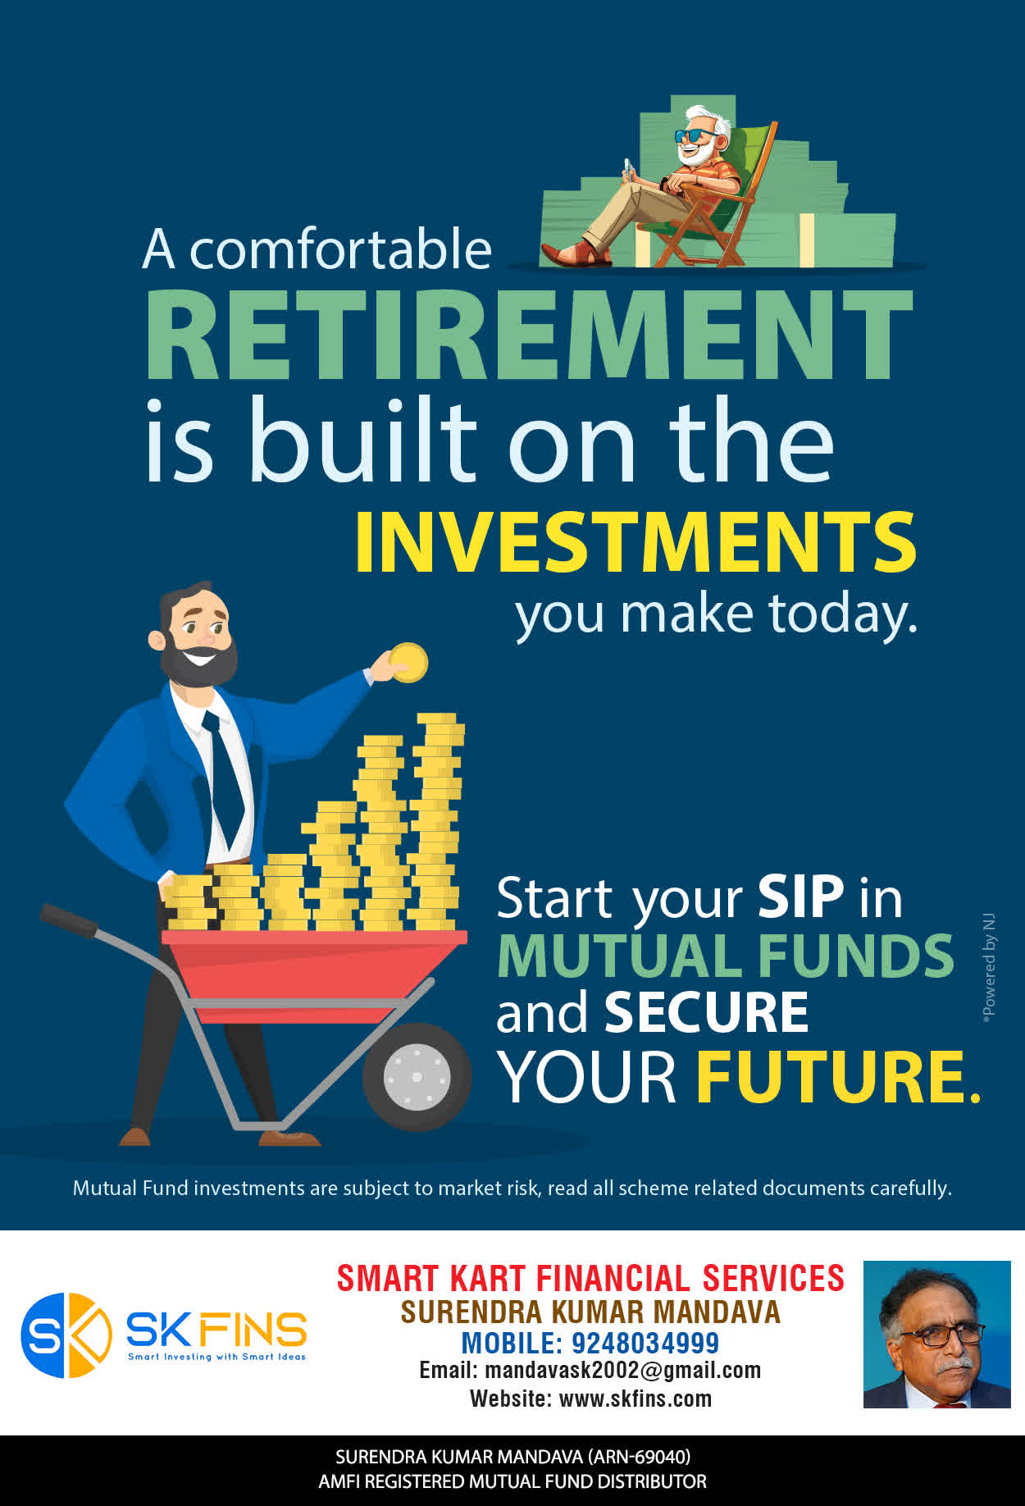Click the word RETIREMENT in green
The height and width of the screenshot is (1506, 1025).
pyautogui.click(x=530, y=335)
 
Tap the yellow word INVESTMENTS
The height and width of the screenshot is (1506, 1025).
pyautogui.click(x=635, y=542)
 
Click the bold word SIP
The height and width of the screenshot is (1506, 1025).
pyautogui.click(x=800, y=897)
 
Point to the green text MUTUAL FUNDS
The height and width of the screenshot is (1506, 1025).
pyautogui.click(x=726, y=956)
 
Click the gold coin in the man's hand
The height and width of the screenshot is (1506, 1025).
pyautogui.click(x=408, y=662)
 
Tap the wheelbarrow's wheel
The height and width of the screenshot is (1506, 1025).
pyautogui.click(x=417, y=1076)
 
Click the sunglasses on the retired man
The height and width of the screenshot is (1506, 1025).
pyautogui.click(x=695, y=135)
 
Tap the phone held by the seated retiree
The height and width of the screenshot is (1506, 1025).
pyautogui.click(x=628, y=167)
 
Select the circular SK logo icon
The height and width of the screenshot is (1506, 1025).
pyautogui.click(x=66, y=1335)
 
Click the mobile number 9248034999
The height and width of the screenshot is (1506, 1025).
pyautogui.click(x=645, y=1343)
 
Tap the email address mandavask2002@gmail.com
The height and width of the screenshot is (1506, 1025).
pyautogui.click(x=623, y=1370)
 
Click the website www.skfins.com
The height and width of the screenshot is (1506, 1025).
pyautogui.click(x=635, y=1399)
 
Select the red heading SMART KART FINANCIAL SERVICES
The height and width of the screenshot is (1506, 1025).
pyautogui.click(x=590, y=1278)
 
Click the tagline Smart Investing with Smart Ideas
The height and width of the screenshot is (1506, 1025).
pyautogui.click(x=216, y=1357)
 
